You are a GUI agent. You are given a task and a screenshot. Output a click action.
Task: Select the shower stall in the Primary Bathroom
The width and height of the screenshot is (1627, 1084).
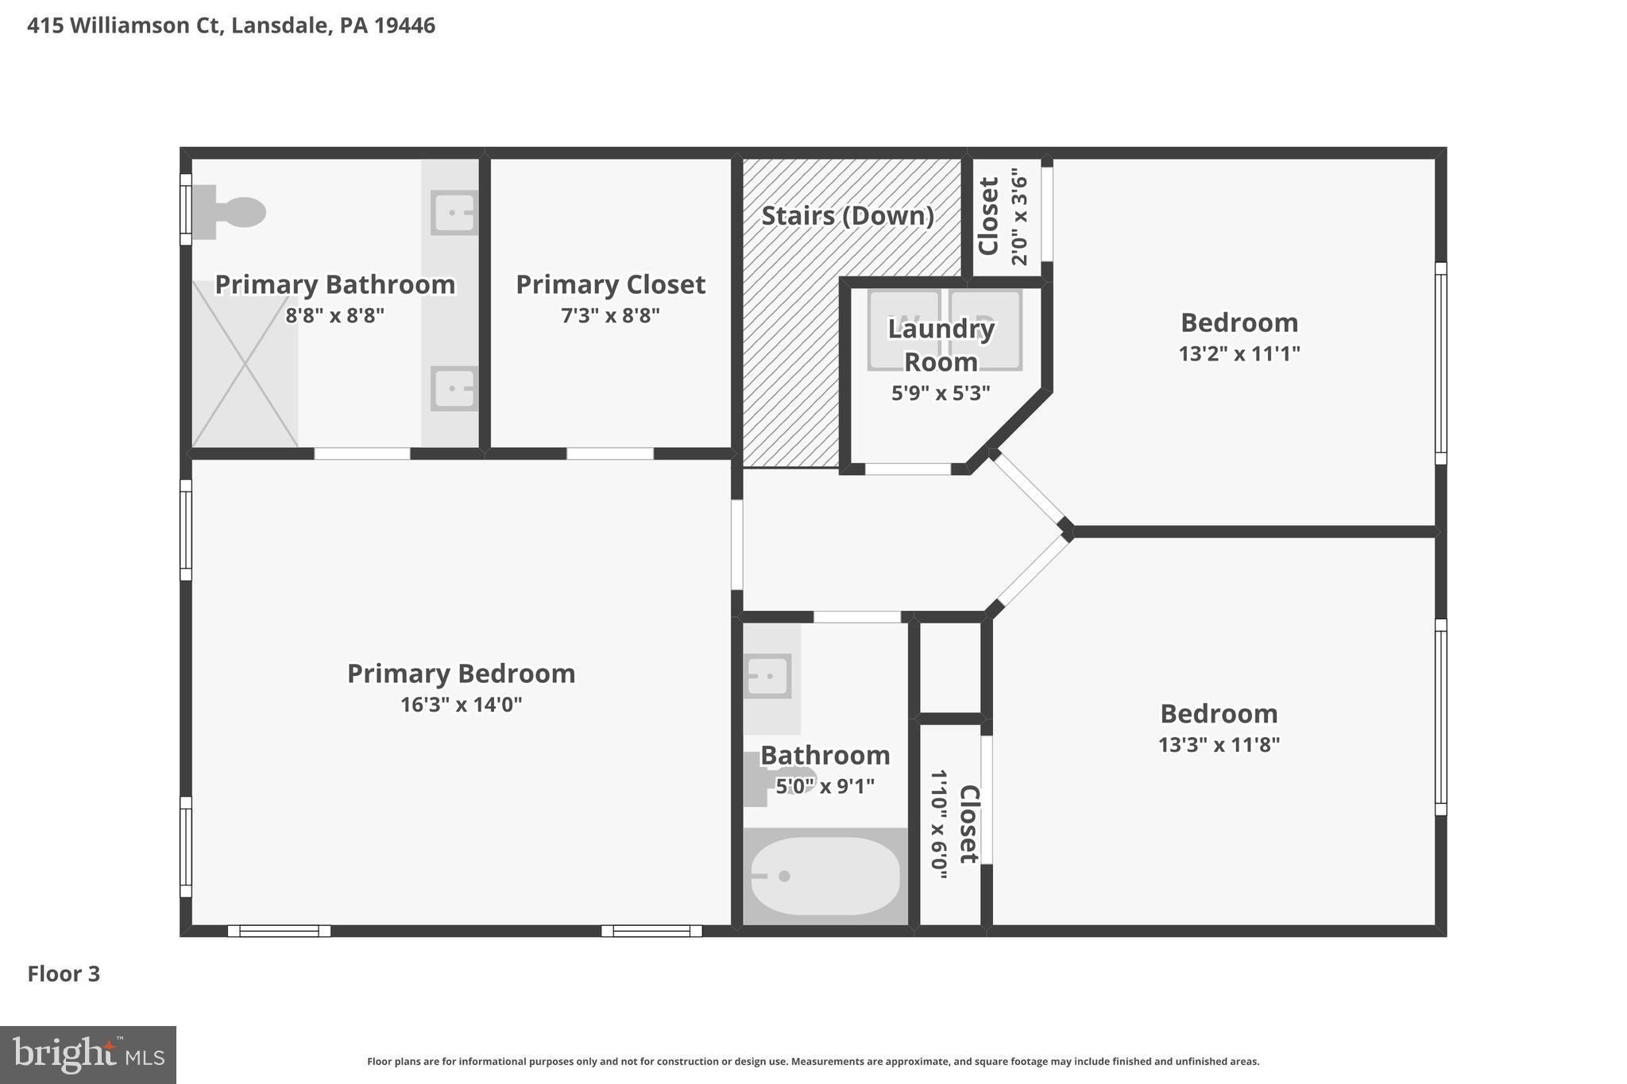click(245, 364)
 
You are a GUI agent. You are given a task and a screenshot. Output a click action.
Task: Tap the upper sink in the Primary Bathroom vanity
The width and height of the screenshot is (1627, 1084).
click(454, 213)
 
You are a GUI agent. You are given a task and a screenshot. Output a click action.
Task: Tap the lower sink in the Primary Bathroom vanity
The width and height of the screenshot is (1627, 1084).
click(454, 388)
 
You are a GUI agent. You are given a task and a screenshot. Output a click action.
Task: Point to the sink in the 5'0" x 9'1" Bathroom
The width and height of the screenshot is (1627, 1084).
click(767, 676)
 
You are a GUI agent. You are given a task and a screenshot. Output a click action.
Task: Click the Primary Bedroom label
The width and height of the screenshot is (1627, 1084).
click(461, 673)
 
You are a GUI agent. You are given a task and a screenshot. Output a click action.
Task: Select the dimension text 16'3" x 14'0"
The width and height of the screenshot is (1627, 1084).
click(461, 704)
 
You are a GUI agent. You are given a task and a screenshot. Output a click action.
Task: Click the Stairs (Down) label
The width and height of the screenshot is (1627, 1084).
click(848, 216)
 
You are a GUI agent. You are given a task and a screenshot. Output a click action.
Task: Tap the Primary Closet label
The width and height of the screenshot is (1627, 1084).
click(610, 284)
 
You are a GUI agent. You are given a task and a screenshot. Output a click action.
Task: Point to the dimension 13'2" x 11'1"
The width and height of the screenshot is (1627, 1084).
click(1239, 353)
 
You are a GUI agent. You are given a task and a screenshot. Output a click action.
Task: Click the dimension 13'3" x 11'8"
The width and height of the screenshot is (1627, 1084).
click(1219, 745)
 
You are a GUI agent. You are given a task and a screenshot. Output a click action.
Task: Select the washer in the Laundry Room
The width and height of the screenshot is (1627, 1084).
click(903, 330)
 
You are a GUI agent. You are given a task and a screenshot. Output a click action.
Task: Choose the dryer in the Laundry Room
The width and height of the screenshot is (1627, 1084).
click(986, 330)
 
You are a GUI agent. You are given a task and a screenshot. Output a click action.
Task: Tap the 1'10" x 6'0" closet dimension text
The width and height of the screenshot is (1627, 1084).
click(939, 824)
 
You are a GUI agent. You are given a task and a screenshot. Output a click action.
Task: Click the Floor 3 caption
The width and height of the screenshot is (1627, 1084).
click(64, 974)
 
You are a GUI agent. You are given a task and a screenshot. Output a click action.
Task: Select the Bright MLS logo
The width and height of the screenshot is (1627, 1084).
click(87, 1055)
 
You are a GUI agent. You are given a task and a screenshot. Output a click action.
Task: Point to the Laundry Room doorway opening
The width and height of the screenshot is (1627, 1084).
click(908, 469)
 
